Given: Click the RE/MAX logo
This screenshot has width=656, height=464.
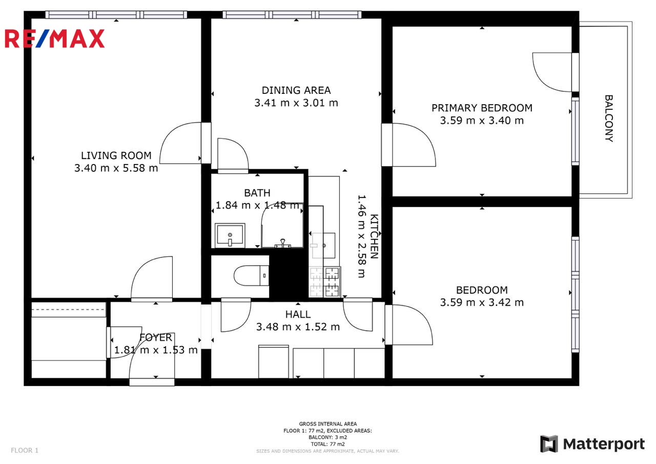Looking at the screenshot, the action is (x=54, y=38).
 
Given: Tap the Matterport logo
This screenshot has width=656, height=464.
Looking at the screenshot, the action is (x=592, y=444).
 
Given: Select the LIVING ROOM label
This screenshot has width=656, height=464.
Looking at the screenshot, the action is (x=116, y=155).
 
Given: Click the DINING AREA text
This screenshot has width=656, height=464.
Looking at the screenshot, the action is (x=296, y=90).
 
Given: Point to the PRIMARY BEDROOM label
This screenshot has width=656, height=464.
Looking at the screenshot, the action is (x=482, y=108).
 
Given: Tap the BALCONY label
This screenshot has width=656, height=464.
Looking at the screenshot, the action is (x=609, y=118).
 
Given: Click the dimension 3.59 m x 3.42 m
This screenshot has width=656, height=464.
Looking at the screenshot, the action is (x=482, y=302).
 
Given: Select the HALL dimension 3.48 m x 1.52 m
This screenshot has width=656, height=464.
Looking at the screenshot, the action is (x=298, y=327).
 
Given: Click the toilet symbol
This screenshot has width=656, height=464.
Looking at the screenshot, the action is (x=251, y=275).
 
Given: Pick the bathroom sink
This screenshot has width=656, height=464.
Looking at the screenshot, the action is (x=230, y=235).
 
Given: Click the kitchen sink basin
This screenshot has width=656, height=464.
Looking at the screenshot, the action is (x=323, y=246).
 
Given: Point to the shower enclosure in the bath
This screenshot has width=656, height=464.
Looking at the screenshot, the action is (x=282, y=225).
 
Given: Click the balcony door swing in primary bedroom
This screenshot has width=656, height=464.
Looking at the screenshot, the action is (x=552, y=72).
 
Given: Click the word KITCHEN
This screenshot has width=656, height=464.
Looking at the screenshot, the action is (x=374, y=236).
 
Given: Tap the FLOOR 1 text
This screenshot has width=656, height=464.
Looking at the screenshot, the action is (x=25, y=450).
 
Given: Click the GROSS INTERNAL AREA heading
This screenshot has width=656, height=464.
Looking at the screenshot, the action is (x=327, y=423).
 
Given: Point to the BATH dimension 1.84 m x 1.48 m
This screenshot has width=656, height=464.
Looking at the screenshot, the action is (x=257, y=206).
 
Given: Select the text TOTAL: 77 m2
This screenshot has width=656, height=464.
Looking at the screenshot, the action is (x=327, y=444).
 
